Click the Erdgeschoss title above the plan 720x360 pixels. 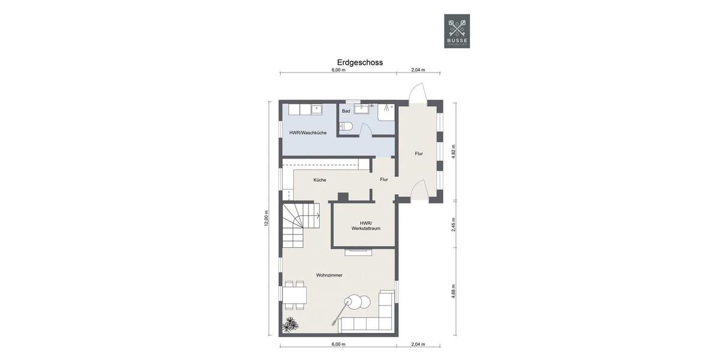(359, 62)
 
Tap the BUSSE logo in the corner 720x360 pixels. (457, 31)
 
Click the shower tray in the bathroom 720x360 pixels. (386, 112)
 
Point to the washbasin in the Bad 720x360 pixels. (362, 109)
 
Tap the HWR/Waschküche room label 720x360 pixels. (307, 133)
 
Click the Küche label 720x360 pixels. (319, 180)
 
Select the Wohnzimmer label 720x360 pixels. (329, 275)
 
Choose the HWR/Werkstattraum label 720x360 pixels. (366, 226)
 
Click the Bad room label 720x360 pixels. (346, 111)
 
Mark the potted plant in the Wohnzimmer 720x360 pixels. (291, 325)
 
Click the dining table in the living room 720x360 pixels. (294, 295)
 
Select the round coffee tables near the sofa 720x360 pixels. (358, 304)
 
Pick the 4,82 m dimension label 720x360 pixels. (454, 150)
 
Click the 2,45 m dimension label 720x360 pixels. (454, 224)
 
